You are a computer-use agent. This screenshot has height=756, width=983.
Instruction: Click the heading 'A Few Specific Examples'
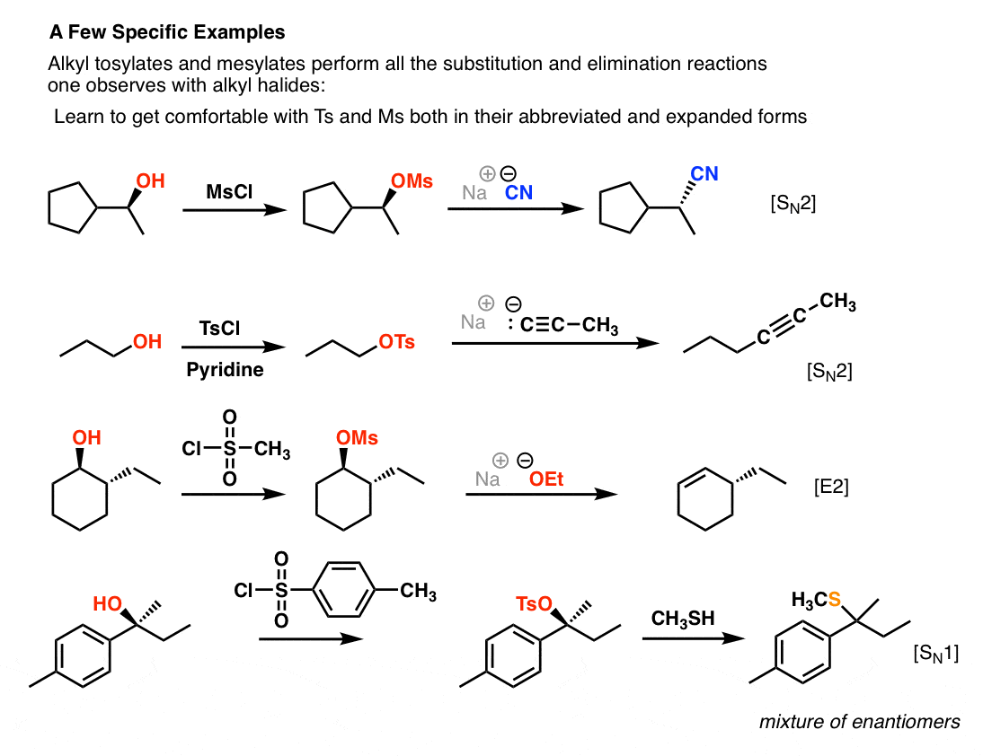point(167,32)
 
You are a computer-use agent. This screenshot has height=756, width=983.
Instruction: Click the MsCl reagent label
point(229,191)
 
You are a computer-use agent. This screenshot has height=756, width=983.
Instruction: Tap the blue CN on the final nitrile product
point(704,173)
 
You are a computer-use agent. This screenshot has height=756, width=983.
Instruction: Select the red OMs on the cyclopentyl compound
point(412,181)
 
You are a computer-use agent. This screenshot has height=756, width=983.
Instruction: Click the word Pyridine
point(225,370)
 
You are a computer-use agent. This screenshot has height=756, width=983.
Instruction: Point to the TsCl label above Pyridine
point(219,329)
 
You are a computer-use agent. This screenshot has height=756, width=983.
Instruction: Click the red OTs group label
point(397,342)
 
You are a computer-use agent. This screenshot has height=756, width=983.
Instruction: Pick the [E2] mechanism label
point(831,487)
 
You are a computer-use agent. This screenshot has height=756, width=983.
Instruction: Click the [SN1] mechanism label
point(936,654)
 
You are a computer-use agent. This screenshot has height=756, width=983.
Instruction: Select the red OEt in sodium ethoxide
point(546,479)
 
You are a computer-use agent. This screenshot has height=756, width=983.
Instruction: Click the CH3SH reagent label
point(683,619)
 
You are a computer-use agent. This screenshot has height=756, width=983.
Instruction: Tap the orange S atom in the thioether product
point(835,600)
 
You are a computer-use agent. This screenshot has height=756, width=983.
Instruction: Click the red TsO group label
point(534,603)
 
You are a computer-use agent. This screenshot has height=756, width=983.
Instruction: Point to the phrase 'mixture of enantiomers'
point(860,722)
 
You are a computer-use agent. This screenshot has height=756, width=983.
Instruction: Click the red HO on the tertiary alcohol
point(107,603)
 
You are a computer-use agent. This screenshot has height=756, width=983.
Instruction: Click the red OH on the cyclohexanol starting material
point(86,438)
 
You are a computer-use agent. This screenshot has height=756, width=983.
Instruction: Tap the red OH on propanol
point(147,342)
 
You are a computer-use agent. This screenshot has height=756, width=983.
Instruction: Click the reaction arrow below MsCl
point(235,210)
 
